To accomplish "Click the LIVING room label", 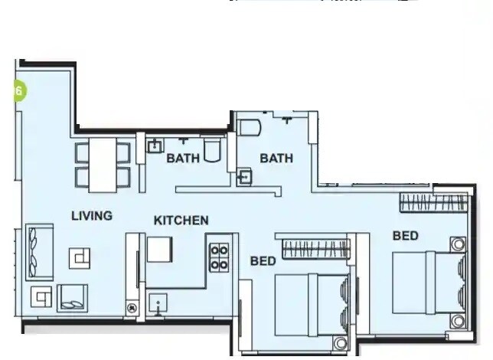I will [92, 215].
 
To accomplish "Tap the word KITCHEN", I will [181, 221].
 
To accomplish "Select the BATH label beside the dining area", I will [183, 159].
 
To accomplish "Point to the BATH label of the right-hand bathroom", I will [276, 159].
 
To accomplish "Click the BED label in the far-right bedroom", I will [406, 236].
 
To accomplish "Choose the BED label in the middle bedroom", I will [263, 261].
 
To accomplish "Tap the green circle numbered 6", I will [19, 90].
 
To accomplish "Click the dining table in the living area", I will [102, 165].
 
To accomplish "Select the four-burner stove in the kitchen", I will [220, 257].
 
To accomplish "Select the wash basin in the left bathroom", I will [155, 145].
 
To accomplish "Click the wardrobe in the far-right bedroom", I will [433, 202].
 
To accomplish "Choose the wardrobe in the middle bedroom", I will [315, 248].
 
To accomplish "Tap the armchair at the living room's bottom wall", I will [72, 298].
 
